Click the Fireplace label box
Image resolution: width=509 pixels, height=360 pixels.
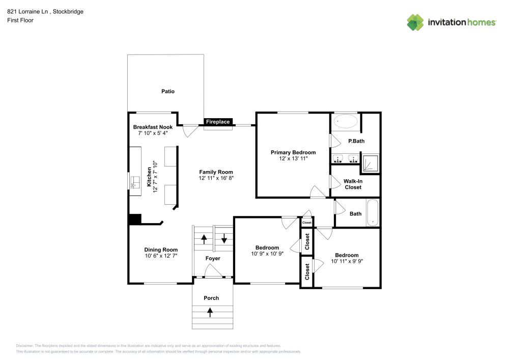(x=218, y=122)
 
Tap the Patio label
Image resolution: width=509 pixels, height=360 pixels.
(x=168, y=92)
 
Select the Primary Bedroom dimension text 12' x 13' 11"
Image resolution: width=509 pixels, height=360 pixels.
(x=293, y=159)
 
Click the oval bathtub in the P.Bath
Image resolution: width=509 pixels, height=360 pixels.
(x=346, y=121)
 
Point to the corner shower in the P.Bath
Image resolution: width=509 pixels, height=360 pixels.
(x=370, y=163)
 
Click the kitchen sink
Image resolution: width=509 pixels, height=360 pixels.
(x=135, y=182)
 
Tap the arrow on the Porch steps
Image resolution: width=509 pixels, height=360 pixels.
(x=210, y=312)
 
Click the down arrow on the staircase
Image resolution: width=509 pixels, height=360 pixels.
(x=224, y=238)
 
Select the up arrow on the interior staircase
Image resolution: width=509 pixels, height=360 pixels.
(x=204, y=239)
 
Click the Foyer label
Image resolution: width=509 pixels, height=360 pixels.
(x=213, y=258)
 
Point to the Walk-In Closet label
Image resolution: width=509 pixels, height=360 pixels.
(x=353, y=184)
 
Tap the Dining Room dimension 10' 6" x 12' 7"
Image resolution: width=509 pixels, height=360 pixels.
(x=161, y=256)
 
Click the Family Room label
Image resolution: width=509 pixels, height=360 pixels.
(x=216, y=172)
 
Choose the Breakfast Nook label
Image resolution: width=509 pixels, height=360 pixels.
(x=153, y=127)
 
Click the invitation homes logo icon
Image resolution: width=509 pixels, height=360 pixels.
(x=415, y=22)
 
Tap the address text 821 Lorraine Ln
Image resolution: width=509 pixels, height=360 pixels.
(x=27, y=12)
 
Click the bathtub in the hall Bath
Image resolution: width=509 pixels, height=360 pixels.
(x=373, y=212)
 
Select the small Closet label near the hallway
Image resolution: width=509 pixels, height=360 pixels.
(x=307, y=223)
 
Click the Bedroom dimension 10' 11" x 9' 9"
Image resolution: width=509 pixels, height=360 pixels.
(x=347, y=261)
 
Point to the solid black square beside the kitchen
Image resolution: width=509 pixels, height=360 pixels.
(x=135, y=219)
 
